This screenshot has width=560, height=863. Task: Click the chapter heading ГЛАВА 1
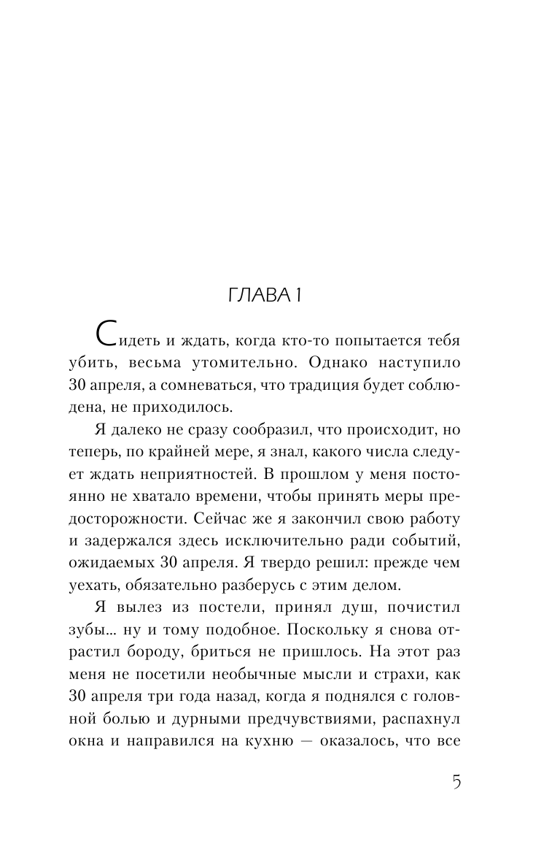pos(280,296)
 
